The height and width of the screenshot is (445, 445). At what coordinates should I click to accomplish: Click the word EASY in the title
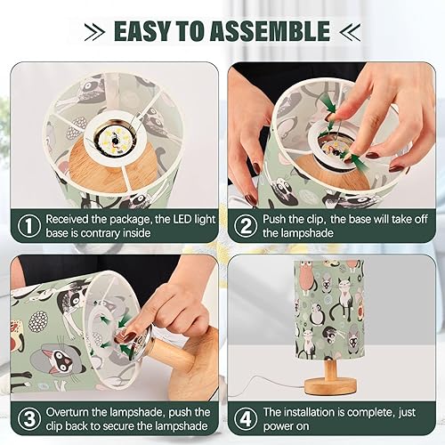(x=144, y=31)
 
